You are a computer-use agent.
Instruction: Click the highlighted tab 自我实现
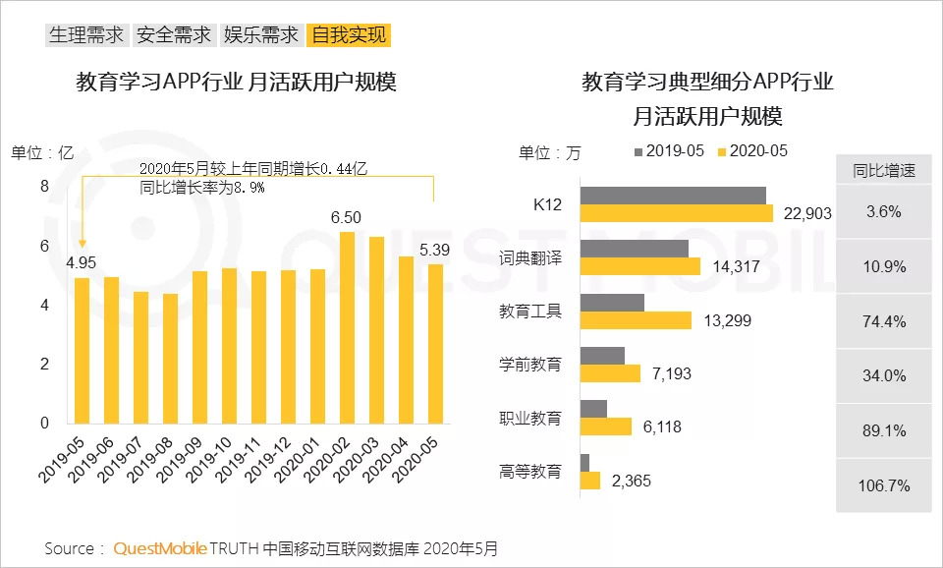pyautogui.click(x=350, y=35)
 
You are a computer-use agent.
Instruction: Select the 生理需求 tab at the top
pyautogui.click(x=86, y=35)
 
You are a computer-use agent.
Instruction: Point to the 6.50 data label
pyautogui.click(x=346, y=217)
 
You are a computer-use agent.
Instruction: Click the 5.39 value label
pyautogui.click(x=434, y=250)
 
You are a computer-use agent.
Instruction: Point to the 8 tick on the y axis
pyautogui.click(x=43, y=187)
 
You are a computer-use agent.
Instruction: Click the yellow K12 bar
pyautogui.click(x=677, y=213)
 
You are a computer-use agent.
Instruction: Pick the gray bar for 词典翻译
pyautogui.click(x=634, y=248)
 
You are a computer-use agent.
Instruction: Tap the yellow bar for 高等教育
pyautogui.click(x=590, y=481)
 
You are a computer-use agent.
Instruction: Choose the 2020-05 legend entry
pyautogui.click(x=753, y=151)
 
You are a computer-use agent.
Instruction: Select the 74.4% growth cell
pyautogui.click(x=884, y=320)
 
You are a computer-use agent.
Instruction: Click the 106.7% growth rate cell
pyautogui.click(x=884, y=485)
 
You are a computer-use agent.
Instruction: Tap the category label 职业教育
pyautogui.click(x=530, y=418)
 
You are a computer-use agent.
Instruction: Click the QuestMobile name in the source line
pyautogui.click(x=159, y=548)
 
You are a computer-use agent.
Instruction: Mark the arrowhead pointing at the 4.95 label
pyautogui.click(x=83, y=245)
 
